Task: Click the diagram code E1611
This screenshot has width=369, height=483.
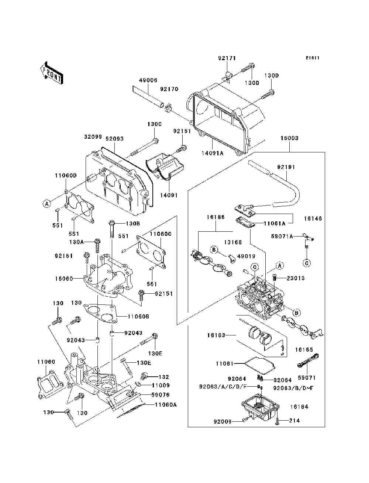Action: [312, 58]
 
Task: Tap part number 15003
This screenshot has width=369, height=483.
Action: [289, 138]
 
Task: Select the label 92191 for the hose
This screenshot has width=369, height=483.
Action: [286, 167]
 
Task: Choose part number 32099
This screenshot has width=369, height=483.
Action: [93, 137]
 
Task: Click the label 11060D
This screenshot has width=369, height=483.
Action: [66, 176]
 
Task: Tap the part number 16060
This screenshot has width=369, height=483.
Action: [64, 279]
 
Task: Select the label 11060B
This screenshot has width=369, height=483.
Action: [138, 317]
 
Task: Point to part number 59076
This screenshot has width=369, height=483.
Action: [160, 395]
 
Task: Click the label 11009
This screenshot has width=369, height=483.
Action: [161, 386]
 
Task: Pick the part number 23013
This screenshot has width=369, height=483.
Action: [295, 278]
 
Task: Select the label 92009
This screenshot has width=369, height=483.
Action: [223, 421]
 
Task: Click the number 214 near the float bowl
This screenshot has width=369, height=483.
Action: [294, 421]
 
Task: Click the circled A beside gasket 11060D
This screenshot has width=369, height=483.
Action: [46, 203]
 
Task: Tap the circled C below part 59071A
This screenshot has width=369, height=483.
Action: [307, 263]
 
